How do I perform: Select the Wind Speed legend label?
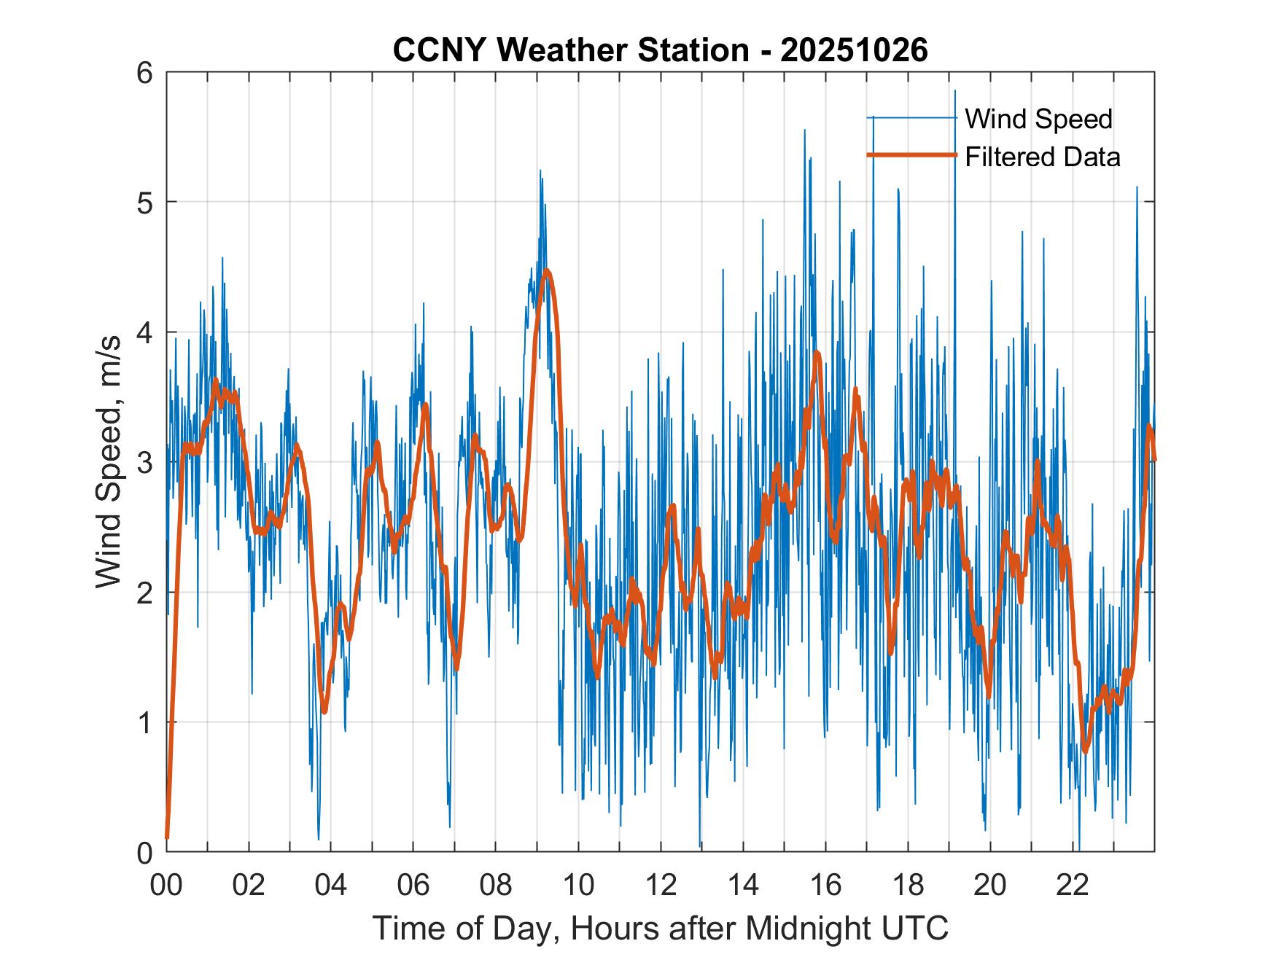pos(1038,119)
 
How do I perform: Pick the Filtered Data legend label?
pos(1042,157)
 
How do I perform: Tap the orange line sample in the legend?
pos(911,155)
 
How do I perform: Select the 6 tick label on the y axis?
pos(145,73)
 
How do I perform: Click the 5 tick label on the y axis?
pos(145,202)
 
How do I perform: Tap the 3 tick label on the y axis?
pos(145,462)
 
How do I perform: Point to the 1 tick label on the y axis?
pos(145,722)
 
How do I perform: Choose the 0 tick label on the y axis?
pos(145,852)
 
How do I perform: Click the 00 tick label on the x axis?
pos(166,886)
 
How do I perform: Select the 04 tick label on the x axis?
pos(331,886)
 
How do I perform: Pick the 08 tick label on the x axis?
pos(496,886)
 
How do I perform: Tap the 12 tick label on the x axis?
pos(661,886)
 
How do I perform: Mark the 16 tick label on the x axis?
pos(825,886)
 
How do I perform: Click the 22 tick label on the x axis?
pos(1073,886)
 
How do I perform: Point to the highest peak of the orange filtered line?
pos(547,272)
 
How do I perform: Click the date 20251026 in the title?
pos(854,51)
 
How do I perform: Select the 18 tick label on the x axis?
pos(908,886)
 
